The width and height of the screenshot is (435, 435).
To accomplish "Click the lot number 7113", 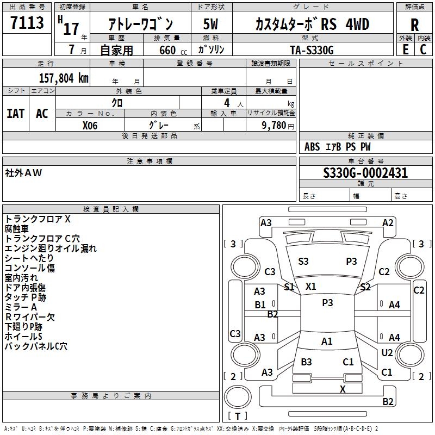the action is tap(27, 23).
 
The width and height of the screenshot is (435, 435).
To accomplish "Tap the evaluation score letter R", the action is tap(414, 25).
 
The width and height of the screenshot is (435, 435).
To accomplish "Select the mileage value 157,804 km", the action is tap(64, 77).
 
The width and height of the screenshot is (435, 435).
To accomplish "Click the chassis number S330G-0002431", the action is tap(365, 173).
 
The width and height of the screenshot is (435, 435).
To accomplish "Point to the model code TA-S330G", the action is tap(312, 49).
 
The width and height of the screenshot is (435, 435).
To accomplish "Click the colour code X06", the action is tap(91, 125).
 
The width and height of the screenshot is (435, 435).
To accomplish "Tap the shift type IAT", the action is tap(15, 113).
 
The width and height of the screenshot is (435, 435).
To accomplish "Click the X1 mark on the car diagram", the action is tap(311, 286).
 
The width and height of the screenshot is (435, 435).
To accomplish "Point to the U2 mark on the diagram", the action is tap(387, 353).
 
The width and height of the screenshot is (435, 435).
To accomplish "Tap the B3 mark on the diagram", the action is tap(306, 362).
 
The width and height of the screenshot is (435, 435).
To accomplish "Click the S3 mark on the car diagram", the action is tap(303, 262).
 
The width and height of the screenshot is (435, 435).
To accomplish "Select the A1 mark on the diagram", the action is tap(327, 341).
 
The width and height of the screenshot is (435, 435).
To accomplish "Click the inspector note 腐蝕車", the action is tap(17, 229).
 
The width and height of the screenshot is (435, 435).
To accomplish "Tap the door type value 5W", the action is tap(210, 24).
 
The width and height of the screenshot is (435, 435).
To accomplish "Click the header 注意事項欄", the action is tap(150, 161).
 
